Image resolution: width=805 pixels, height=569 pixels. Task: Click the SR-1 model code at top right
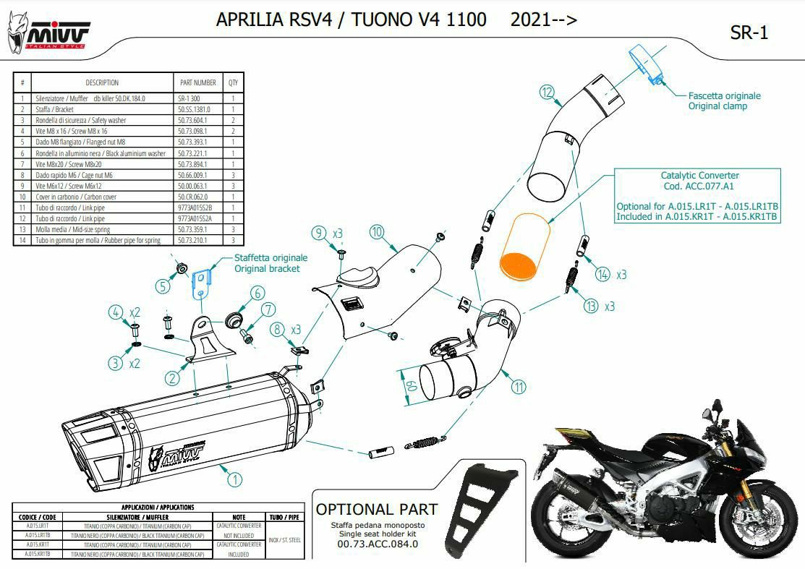pyautogui.click(x=749, y=33)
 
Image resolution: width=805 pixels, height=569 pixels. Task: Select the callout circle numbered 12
pyautogui.click(x=547, y=92)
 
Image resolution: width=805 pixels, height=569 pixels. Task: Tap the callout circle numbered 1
pyautogui.click(x=234, y=478)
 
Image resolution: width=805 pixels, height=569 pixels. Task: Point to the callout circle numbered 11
pyautogui.click(x=518, y=387)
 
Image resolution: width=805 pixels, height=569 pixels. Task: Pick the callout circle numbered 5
pyautogui.click(x=163, y=286)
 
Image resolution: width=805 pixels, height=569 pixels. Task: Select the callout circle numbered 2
pyautogui.click(x=171, y=377)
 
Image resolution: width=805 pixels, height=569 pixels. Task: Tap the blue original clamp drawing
pyautogui.click(x=647, y=62)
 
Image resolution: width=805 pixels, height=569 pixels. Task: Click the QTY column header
pyautogui.click(x=233, y=83)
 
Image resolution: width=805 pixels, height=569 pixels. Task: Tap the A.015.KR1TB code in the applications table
pyautogui.click(x=37, y=554)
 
